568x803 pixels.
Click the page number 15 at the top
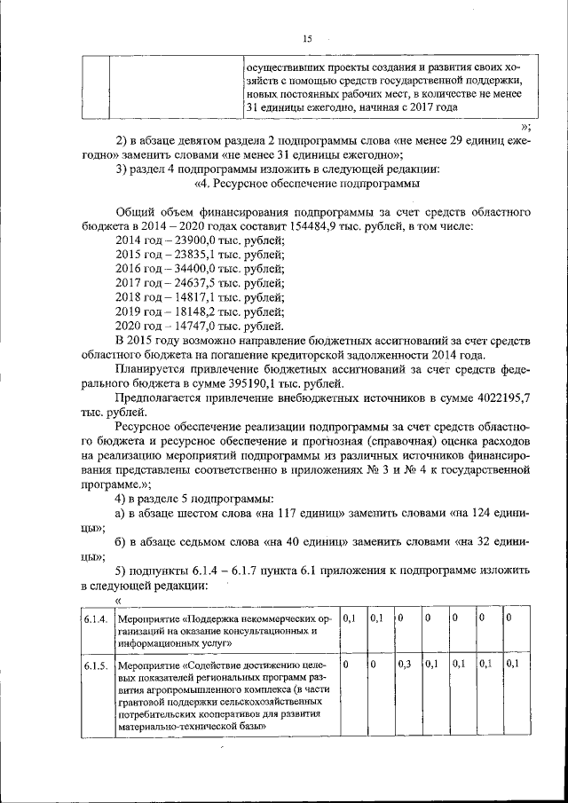point(308,38)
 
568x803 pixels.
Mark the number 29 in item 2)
point(435,140)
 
